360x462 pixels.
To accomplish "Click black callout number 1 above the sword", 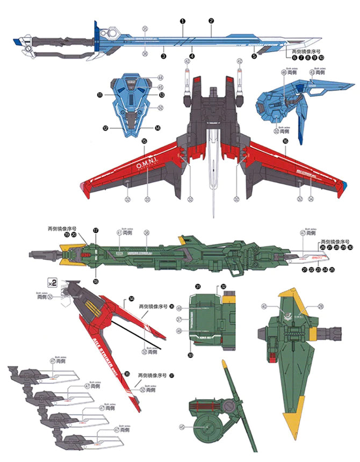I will pyautogui.click(x=183, y=20).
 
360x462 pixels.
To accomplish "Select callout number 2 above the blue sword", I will pyautogui.click(x=211, y=20).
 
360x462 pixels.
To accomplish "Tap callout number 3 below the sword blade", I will pyautogui.click(x=163, y=56).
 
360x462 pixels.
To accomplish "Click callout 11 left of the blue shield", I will pyautogui.click(x=100, y=95).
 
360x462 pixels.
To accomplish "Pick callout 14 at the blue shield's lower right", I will pyautogui.click(x=157, y=128).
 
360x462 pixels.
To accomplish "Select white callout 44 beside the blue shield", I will pyautogui.click(x=161, y=78).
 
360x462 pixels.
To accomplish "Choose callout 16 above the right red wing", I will pyautogui.click(x=285, y=141).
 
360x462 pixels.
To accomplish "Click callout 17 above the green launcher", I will pyautogui.click(x=96, y=229).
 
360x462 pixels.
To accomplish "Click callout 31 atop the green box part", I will pyautogui.click(x=198, y=287).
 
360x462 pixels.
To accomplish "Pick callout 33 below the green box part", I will pyautogui.click(x=190, y=354).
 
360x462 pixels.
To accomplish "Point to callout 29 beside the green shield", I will pyautogui.click(x=321, y=306).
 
